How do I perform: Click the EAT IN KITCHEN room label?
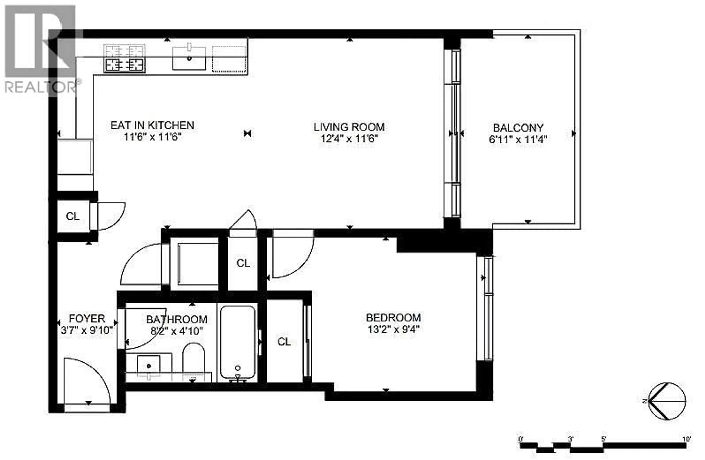[x=152, y=125]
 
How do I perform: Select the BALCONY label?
[x=518, y=128]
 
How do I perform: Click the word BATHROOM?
[x=177, y=319]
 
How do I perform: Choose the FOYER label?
[x=87, y=319]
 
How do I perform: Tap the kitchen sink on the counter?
[x=189, y=58]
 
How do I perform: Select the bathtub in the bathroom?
[x=238, y=343]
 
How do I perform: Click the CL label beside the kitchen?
[x=73, y=216]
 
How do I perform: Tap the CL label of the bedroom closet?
[x=284, y=342]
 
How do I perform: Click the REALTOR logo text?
[x=41, y=87]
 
